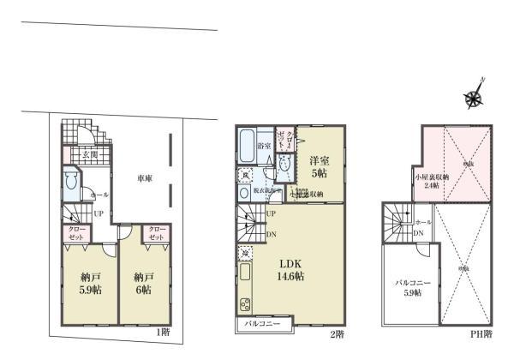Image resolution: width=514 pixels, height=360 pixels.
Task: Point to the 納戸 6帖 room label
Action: click(143, 284)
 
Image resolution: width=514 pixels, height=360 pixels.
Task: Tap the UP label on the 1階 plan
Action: click(99, 213)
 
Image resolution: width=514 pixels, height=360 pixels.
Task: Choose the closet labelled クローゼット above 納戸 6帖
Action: click(156, 234)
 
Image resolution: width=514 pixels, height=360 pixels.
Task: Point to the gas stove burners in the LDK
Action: click(244, 304)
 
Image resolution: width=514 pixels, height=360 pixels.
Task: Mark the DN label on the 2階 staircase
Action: click(271, 233)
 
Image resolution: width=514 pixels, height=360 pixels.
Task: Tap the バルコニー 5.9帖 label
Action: click(408, 287)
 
